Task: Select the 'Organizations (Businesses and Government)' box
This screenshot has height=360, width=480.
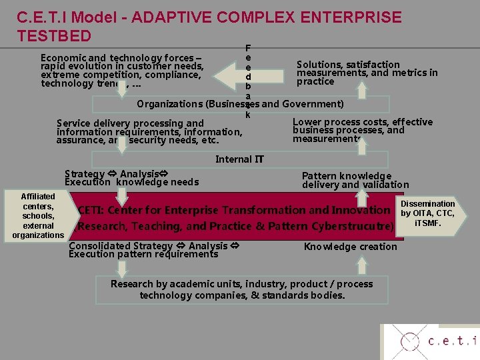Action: pyautogui.click(x=240, y=104)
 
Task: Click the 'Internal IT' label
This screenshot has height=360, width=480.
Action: pyautogui.click(x=239, y=159)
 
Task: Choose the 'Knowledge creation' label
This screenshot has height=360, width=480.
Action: pyautogui.click(x=350, y=247)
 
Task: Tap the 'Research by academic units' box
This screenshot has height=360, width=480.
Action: pyautogui.click(x=241, y=289)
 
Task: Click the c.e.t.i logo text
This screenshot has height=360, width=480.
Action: pyautogui.click(x=452, y=341)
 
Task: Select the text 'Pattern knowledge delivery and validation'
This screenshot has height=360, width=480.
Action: pyautogui.click(x=355, y=180)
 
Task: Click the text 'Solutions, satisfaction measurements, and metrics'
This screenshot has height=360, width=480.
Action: pyautogui.click(x=367, y=73)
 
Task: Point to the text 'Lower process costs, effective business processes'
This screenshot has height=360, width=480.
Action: pyautogui.click(x=362, y=130)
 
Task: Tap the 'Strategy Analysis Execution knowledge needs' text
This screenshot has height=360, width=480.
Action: pyautogui.click(x=131, y=178)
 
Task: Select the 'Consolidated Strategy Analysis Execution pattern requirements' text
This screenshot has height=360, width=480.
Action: pyautogui.click(x=154, y=250)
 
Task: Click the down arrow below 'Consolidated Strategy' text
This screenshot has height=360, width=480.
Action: pyautogui.click(x=121, y=268)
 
